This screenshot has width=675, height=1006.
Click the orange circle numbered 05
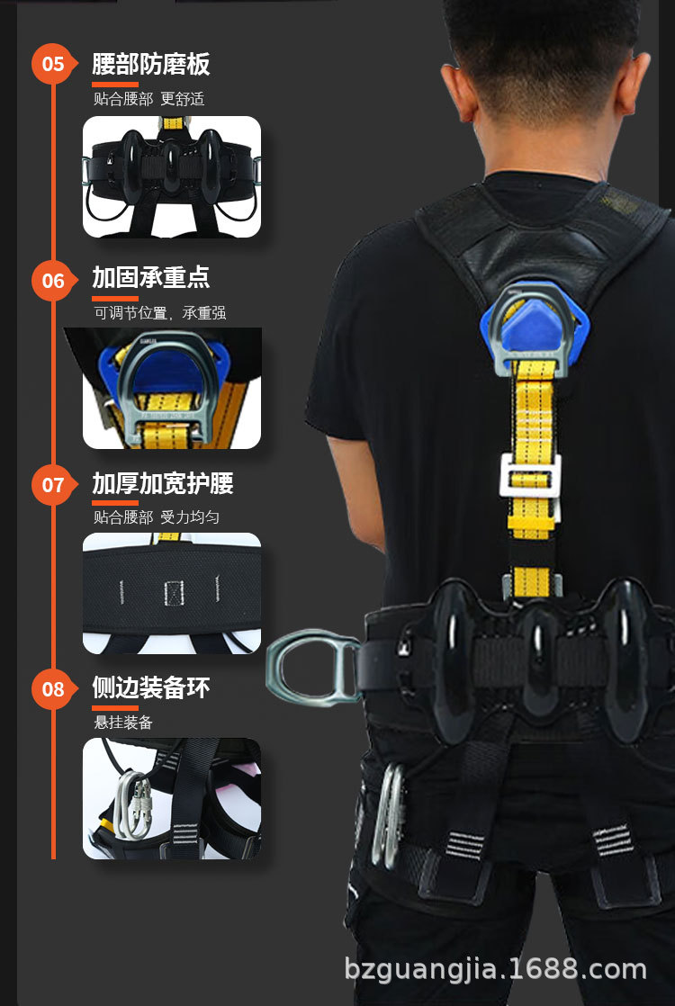pyautogui.click(x=53, y=64)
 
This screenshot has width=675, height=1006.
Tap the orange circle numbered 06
pyautogui.click(x=53, y=280)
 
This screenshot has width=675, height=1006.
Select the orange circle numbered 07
pyautogui.click(x=53, y=485)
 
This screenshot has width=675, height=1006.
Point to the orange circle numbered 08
pyautogui.click(x=53, y=689)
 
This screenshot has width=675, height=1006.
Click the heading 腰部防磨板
pyautogui.click(x=150, y=64)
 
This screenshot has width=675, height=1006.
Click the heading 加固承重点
pyautogui.click(x=150, y=277)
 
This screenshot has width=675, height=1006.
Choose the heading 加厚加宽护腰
pyautogui.click(x=162, y=483)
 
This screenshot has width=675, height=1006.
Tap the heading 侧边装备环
pyautogui.click(x=150, y=688)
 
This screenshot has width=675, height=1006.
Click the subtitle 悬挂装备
pyautogui.click(x=123, y=722)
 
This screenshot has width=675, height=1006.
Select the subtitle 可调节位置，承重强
pyautogui.click(x=159, y=313)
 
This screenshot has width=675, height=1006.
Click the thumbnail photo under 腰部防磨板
pyautogui.click(x=172, y=177)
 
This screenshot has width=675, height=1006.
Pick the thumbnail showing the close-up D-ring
pyautogui.click(x=172, y=389)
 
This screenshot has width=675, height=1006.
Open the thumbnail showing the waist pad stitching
pyautogui.click(x=172, y=593)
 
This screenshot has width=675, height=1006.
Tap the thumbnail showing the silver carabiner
pyautogui.click(x=172, y=798)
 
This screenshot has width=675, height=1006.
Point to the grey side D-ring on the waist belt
pyautogui.click(x=310, y=666)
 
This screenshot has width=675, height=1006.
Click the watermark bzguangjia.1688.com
pyautogui.click(x=495, y=970)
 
